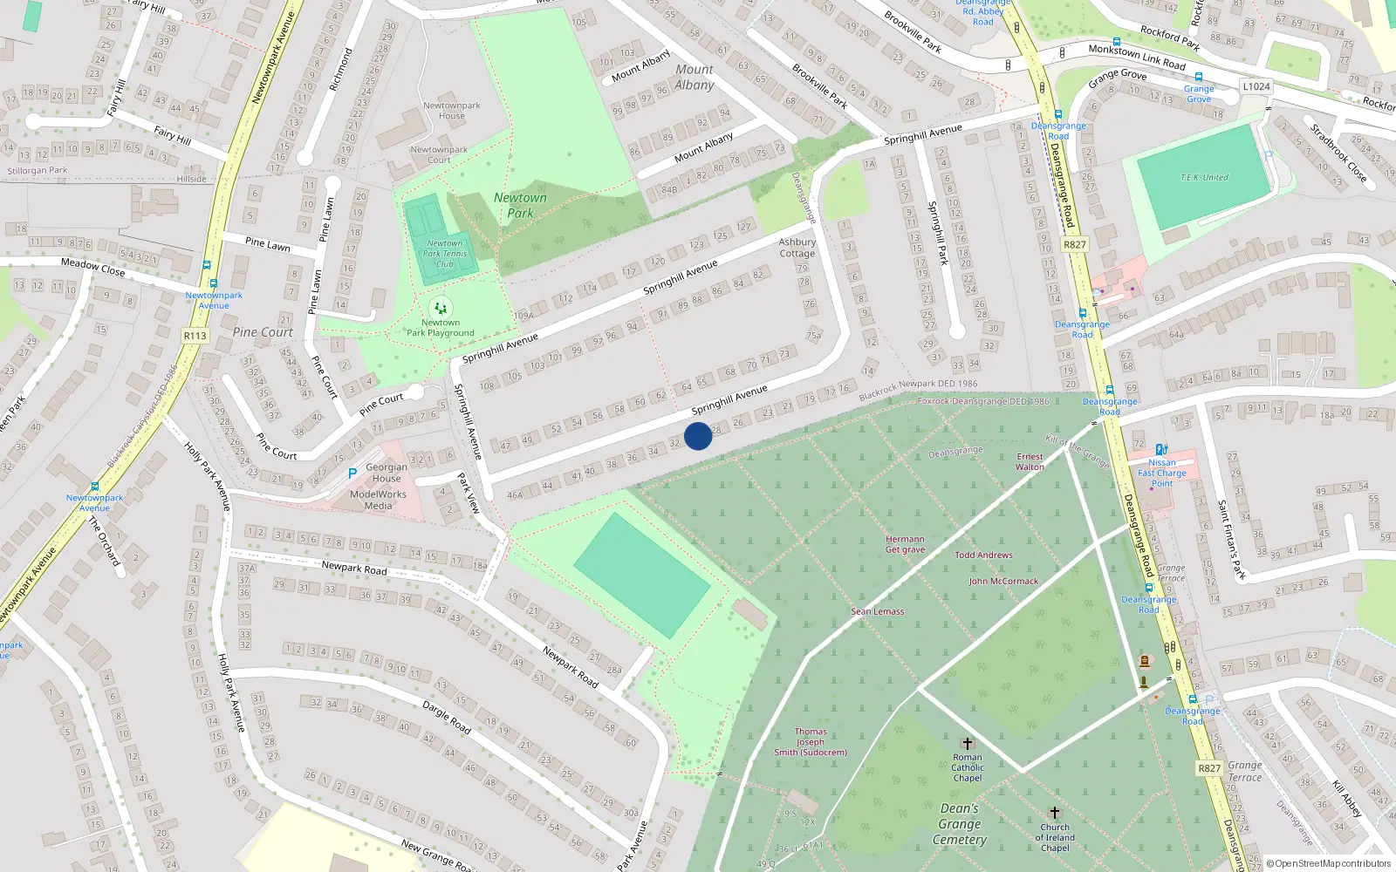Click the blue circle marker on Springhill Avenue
pos(698,436)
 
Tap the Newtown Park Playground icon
pos(441,308)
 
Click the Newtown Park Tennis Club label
pos(445,254)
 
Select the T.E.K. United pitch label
pos(1204,177)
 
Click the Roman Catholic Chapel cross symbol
pos(967,743)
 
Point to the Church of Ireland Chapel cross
pos(1054,813)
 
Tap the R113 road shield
pos(195,336)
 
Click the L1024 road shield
pos(1256,86)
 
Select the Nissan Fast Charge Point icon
pos(1161,450)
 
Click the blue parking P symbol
pos(352,473)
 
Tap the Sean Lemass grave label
pos(878,611)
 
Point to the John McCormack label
pos(1003,581)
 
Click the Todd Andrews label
pos(983,555)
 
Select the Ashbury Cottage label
pos(797,248)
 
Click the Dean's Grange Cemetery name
pos(960,824)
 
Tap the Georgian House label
pos(387,473)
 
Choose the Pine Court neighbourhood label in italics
pos(263,332)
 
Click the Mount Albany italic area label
pos(695,77)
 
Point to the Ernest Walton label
pos(1030,461)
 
